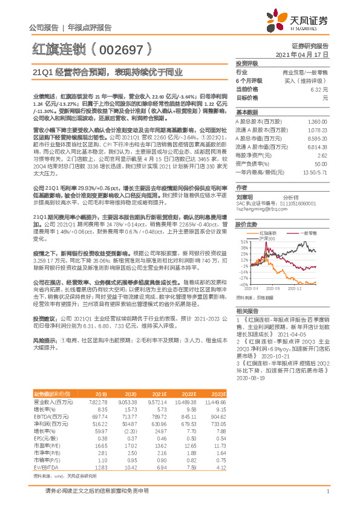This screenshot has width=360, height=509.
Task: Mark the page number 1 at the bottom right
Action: coord(327,493)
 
